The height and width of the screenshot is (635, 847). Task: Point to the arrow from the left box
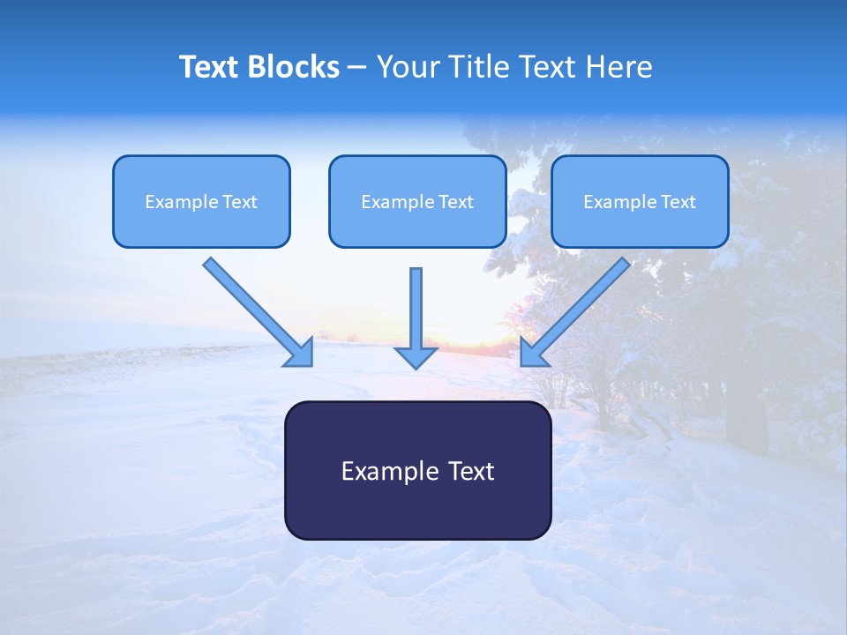click(251, 305)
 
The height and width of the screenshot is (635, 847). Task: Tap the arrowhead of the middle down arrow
click(416, 356)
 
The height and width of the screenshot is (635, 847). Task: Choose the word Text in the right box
click(678, 202)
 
